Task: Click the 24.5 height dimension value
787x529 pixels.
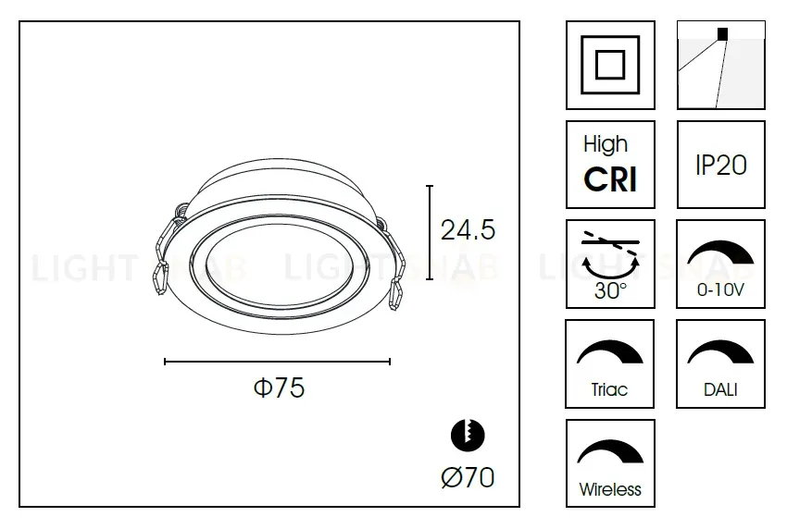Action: coord(468,230)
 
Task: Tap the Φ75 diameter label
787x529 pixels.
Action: coord(279,388)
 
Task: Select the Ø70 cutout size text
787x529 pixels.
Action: coord(468,477)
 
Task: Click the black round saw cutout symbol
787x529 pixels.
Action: coord(468,435)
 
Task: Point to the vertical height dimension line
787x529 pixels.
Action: coord(430,233)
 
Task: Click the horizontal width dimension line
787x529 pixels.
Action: coord(278,362)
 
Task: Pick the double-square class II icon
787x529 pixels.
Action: coord(610,65)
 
